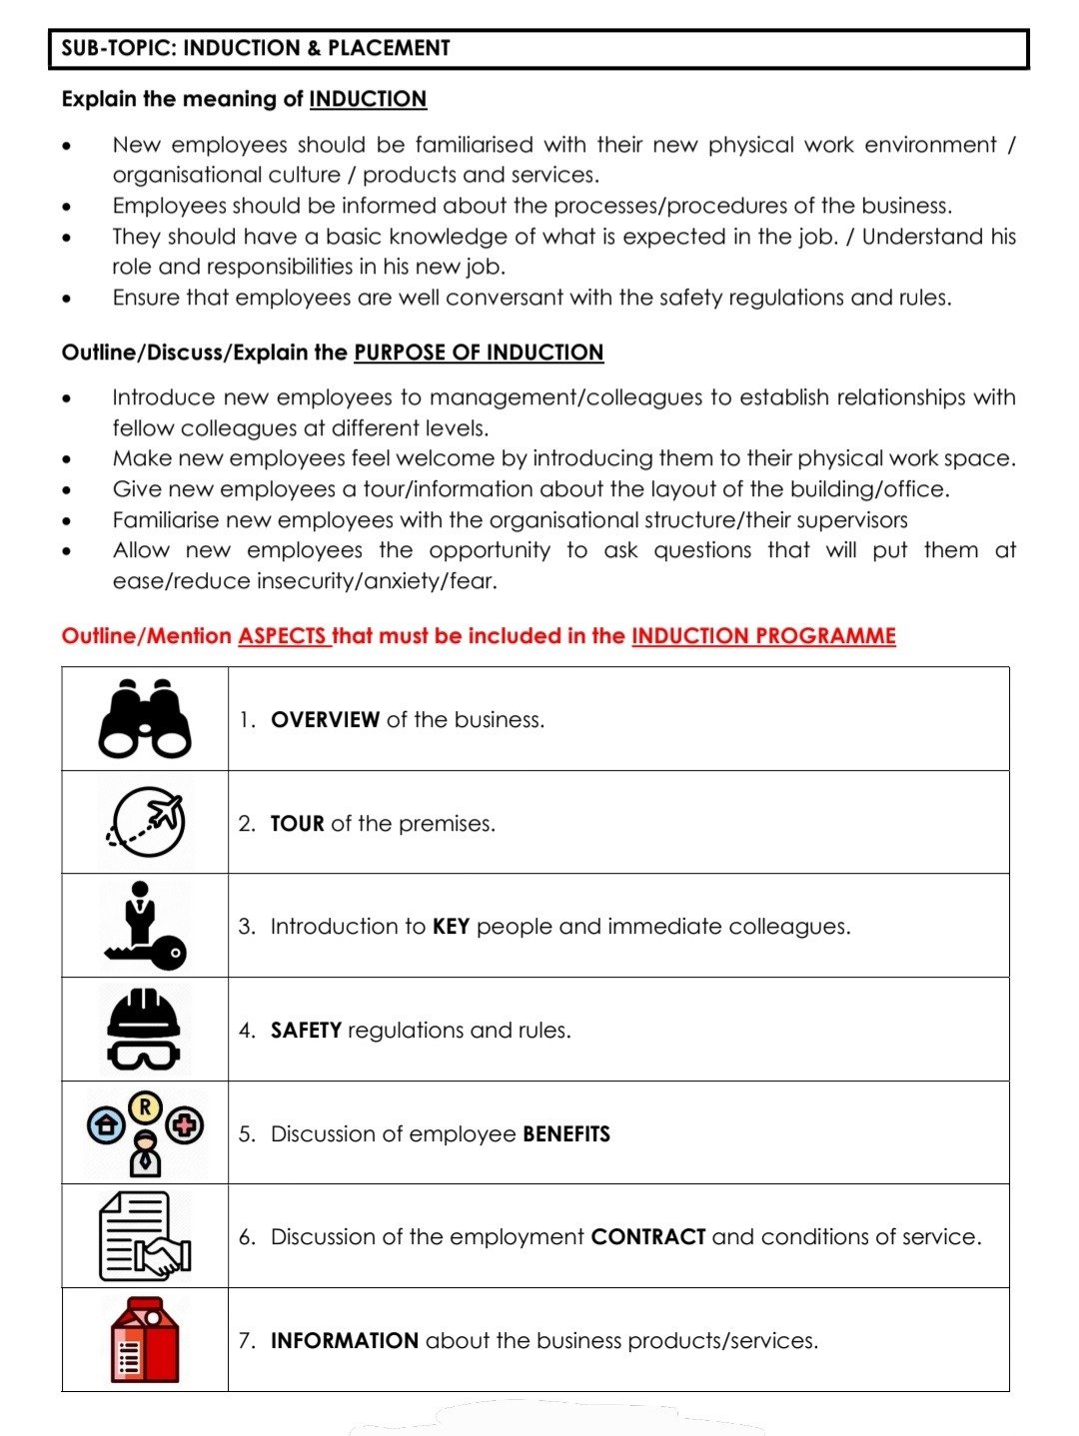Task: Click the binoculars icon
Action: (145, 719)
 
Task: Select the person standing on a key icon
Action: (145, 926)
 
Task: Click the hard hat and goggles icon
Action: (145, 1029)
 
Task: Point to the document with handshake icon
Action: (145, 1236)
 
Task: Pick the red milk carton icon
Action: (145, 1340)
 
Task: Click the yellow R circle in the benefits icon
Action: (146, 1106)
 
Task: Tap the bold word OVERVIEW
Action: (325, 720)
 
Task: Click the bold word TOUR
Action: (297, 824)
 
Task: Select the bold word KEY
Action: (451, 927)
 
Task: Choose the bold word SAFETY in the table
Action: (306, 1031)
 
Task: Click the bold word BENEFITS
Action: (566, 1134)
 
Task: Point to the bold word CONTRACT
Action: (648, 1237)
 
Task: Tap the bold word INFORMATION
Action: (344, 1341)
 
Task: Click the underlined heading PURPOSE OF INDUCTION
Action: (479, 353)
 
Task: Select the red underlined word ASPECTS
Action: (283, 636)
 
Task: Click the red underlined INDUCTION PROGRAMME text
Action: (763, 636)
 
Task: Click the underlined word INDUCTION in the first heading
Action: (368, 99)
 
